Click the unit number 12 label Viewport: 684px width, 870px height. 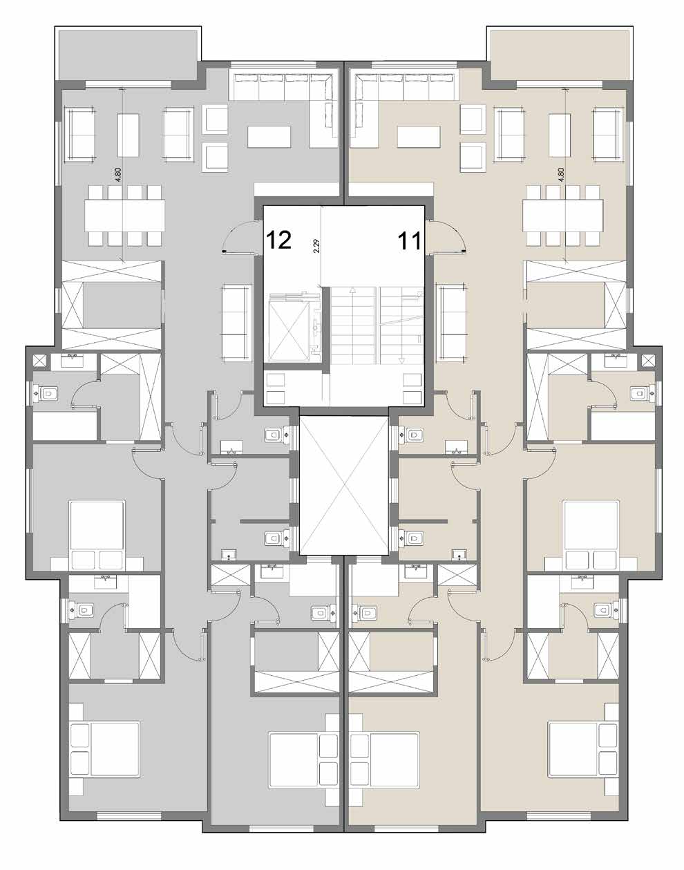tap(278, 240)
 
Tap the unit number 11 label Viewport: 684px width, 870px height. tap(409, 241)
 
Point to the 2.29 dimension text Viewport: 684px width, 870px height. tap(316, 246)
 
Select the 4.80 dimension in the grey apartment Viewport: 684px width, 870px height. tap(118, 175)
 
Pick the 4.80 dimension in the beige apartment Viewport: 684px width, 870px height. tap(561, 175)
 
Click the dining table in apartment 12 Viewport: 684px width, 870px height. tap(124, 215)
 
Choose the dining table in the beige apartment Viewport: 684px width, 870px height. tap(562, 215)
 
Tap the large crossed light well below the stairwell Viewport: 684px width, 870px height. tap(343, 485)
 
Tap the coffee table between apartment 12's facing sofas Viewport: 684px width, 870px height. tap(128, 135)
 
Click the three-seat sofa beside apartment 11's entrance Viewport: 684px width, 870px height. tap(453, 322)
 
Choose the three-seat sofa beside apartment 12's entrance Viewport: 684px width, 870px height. tap(234, 322)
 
